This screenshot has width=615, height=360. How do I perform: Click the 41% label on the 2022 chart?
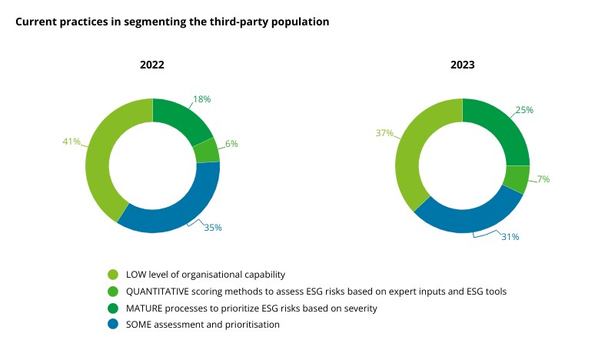(x=71, y=142)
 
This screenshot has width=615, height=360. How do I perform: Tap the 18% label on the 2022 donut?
(x=201, y=99)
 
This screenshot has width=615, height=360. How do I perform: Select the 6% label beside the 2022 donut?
(x=232, y=144)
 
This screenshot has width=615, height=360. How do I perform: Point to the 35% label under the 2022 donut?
(x=213, y=227)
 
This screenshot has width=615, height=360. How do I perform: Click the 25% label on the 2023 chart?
(x=524, y=110)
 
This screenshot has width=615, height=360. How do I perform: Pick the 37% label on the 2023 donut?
(x=384, y=133)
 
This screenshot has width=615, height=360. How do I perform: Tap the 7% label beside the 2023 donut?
(x=544, y=179)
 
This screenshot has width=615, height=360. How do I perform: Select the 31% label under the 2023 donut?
(x=510, y=237)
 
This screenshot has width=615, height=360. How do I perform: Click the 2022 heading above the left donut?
(x=151, y=65)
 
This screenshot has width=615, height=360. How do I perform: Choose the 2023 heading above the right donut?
(x=462, y=65)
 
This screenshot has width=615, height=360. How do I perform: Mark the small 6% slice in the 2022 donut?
(x=207, y=151)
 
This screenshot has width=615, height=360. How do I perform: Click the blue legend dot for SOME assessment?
(x=113, y=325)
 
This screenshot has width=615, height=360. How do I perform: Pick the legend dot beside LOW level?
(x=113, y=275)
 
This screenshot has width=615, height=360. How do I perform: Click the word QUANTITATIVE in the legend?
(x=159, y=292)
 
